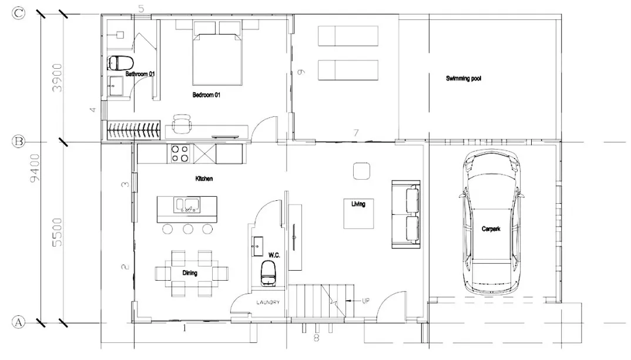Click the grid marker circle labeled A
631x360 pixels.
(x=19, y=322)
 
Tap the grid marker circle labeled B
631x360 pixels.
(x=19, y=142)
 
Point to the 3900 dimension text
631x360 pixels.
(x=57, y=78)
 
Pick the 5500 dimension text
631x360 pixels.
(x=57, y=232)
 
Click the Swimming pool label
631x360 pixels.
(x=464, y=78)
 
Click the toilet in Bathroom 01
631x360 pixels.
(x=120, y=63)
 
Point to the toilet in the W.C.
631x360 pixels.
(x=268, y=273)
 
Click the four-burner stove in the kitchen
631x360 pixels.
(x=180, y=153)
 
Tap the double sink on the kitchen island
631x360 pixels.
(x=187, y=205)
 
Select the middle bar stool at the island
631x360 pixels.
(x=188, y=228)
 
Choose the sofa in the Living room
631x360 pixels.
(x=407, y=214)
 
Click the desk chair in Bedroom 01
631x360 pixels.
(x=182, y=125)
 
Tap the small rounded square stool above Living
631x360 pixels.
(x=361, y=171)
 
